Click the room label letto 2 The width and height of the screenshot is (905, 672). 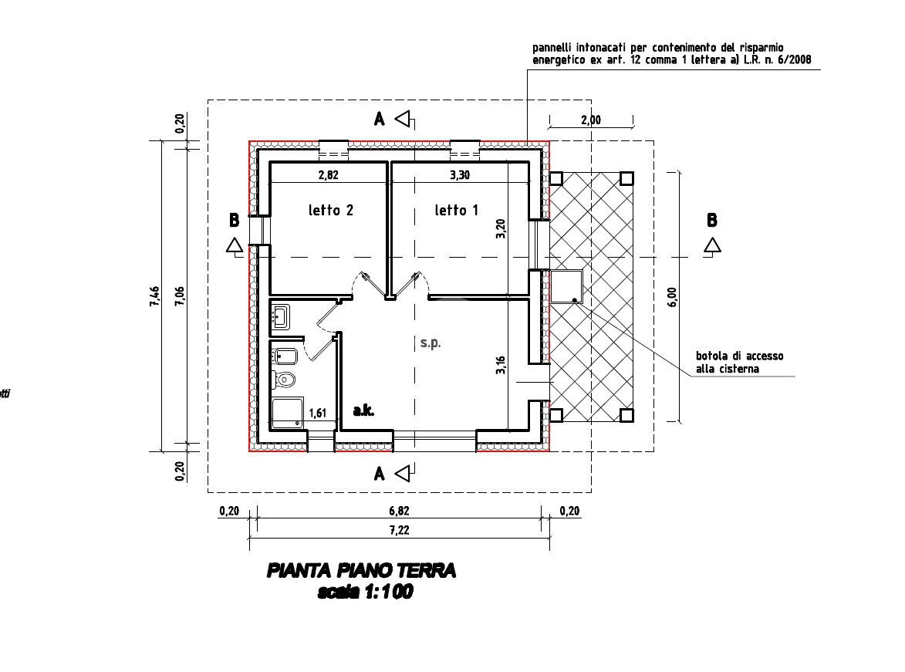pyautogui.click(x=330, y=210)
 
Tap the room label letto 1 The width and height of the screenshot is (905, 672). pyautogui.click(x=457, y=210)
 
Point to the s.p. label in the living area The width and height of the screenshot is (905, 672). pyautogui.click(x=431, y=343)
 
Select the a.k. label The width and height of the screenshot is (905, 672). pyautogui.click(x=363, y=411)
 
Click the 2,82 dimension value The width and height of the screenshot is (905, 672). pyautogui.click(x=328, y=175)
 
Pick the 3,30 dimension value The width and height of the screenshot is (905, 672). pyautogui.click(x=459, y=175)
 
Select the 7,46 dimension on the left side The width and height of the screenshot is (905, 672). pyautogui.click(x=154, y=296)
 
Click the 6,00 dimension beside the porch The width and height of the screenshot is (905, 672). pyautogui.click(x=671, y=297)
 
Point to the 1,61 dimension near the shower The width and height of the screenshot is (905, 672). pyautogui.click(x=317, y=414)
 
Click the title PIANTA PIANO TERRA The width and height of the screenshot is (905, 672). pyautogui.click(x=361, y=571)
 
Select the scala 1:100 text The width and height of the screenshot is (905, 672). pyautogui.click(x=364, y=592)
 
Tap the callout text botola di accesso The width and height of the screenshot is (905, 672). pyautogui.click(x=739, y=356)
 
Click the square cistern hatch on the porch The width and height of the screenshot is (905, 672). pyautogui.click(x=566, y=286)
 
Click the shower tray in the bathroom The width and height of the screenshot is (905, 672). pyautogui.click(x=287, y=412)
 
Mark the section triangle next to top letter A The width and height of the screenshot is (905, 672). pyautogui.click(x=404, y=119)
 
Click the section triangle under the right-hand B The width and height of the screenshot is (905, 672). pyautogui.click(x=712, y=245)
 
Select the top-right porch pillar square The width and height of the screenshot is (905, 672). pyautogui.click(x=626, y=179)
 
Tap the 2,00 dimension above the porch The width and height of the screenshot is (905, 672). pyautogui.click(x=591, y=120)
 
